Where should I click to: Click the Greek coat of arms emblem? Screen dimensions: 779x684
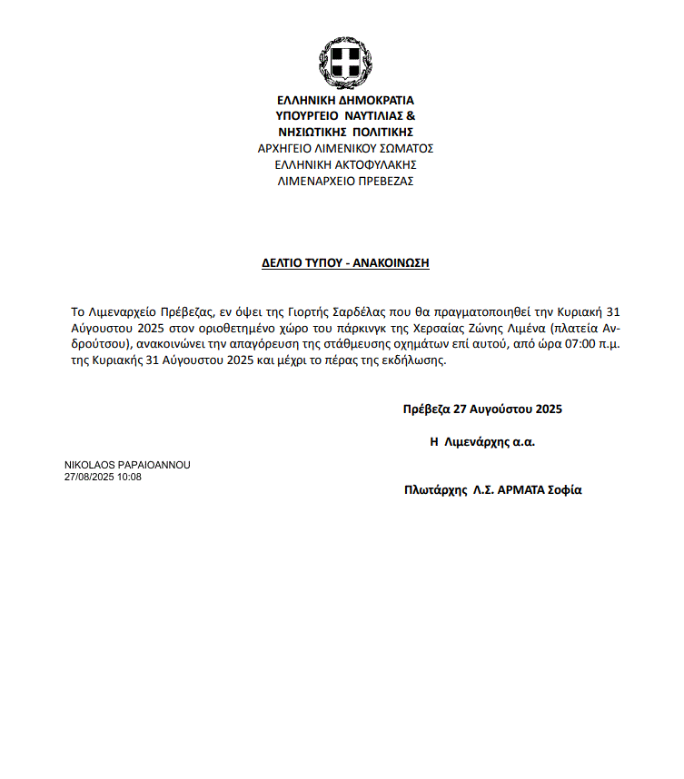click(345, 62)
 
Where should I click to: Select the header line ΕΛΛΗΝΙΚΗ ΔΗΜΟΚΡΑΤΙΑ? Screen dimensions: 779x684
click(345, 100)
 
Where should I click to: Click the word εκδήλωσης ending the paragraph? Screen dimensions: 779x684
click(421, 360)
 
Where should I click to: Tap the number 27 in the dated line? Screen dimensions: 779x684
click(460, 409)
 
